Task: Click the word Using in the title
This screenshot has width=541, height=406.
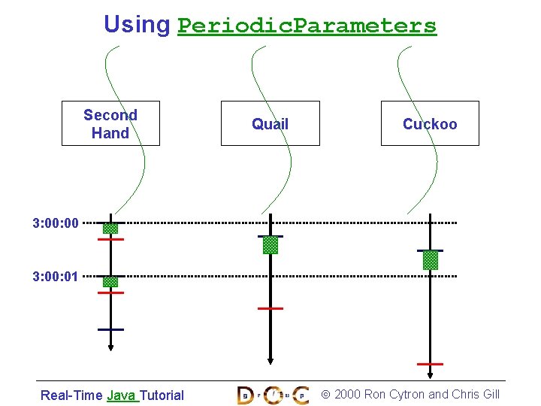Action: point(137,25)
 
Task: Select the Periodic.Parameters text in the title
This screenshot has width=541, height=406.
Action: point(307,26)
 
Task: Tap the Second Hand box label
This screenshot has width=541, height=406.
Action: point(110,123)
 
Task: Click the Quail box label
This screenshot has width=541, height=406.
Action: point(270,124)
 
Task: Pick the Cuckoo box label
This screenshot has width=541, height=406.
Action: point(430,124)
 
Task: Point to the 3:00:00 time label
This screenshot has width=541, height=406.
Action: point(56,223)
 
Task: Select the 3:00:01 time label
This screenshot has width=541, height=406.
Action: point(56,277)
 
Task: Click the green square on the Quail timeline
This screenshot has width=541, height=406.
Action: point(270,245)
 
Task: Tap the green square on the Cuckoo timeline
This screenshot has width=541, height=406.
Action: point(430,260)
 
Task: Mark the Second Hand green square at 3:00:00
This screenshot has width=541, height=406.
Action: point(110,228)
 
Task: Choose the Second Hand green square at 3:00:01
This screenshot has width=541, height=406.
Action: point(110,282)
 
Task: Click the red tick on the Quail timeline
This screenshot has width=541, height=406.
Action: point(270,308)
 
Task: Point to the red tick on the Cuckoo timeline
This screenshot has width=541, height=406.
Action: point(430,364)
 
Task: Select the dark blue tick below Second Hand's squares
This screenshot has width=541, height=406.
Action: point(110,329)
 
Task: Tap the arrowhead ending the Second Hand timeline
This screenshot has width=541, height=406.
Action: point(110,347)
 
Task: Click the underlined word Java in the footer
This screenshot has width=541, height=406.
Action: point(122,395)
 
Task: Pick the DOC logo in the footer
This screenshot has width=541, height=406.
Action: point(272,395)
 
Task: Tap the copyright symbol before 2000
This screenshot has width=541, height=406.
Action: point(325,395)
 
